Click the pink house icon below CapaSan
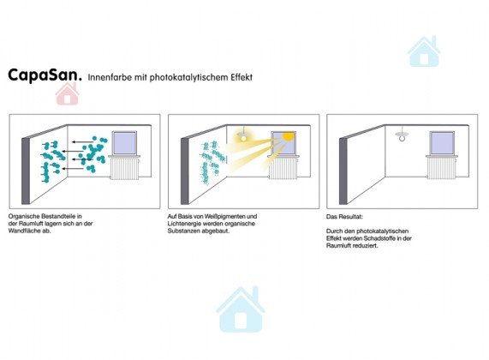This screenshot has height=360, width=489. (x=67, y=93)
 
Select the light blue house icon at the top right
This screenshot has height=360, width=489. (x=424, y=51)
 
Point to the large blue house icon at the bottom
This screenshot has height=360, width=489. (x=241, y=309)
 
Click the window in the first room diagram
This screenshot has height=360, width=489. (x=124, y=143)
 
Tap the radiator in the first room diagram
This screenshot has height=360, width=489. (x=124, y=168)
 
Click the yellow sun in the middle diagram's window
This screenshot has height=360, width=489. (x=288, y=136)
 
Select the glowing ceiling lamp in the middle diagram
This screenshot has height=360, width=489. (x=242, y=135)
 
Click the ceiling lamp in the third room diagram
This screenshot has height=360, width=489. (x=403, y=135)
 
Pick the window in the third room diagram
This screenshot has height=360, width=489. (x=442, y=143)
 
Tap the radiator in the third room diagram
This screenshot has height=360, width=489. (x=442, y=168)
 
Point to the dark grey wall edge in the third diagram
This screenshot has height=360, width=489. (x=343, y=171)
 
